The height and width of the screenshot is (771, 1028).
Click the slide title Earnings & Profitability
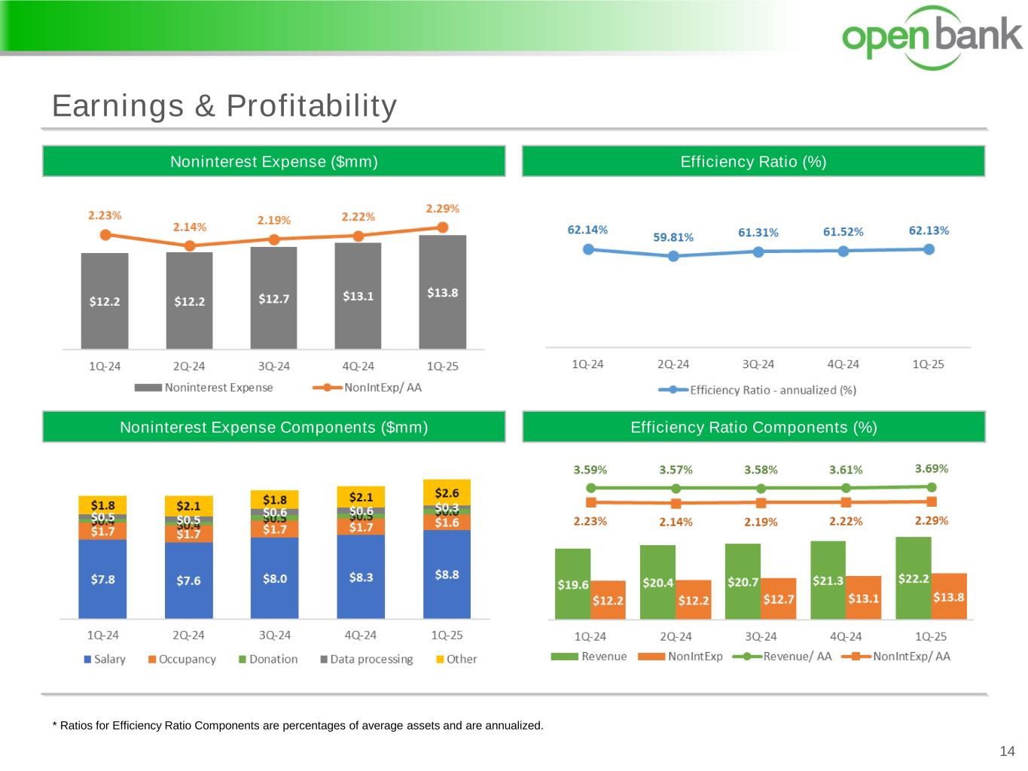click(x=224, y=105)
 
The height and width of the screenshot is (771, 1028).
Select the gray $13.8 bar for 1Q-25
click(x=442, y=292)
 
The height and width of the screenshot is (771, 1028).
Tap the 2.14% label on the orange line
click(x=190, y=227)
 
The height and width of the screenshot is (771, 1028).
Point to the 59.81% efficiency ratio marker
click(x=673, y=256)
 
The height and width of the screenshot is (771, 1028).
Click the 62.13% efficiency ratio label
click(x=929, y=230)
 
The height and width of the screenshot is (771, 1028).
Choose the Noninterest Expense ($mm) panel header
click(x=273, y=161)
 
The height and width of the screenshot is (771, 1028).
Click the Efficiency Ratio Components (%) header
click(x=753, y=427)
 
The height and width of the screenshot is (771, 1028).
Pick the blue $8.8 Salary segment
click(x=447, y=574)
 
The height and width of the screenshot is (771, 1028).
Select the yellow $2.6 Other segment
click(x=447, y=492)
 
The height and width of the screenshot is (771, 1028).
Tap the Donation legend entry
click(x=268, y=659)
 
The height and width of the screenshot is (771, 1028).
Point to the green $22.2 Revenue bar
click(x=913, y=578)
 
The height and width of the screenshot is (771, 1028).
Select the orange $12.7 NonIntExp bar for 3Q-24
click(x=778, y=599)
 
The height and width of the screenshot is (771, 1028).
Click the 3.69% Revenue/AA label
click(x=932, y=468)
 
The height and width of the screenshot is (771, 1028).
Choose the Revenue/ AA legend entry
click(x=782, y=657)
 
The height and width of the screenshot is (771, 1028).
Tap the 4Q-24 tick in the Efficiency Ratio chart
click(x=843, y=364)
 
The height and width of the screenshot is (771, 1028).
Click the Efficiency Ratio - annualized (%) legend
click(x=758, y=390)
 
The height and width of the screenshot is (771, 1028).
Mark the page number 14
click(x=1007, y=751)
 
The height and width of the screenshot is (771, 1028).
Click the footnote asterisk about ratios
click(x=55, y=726)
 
